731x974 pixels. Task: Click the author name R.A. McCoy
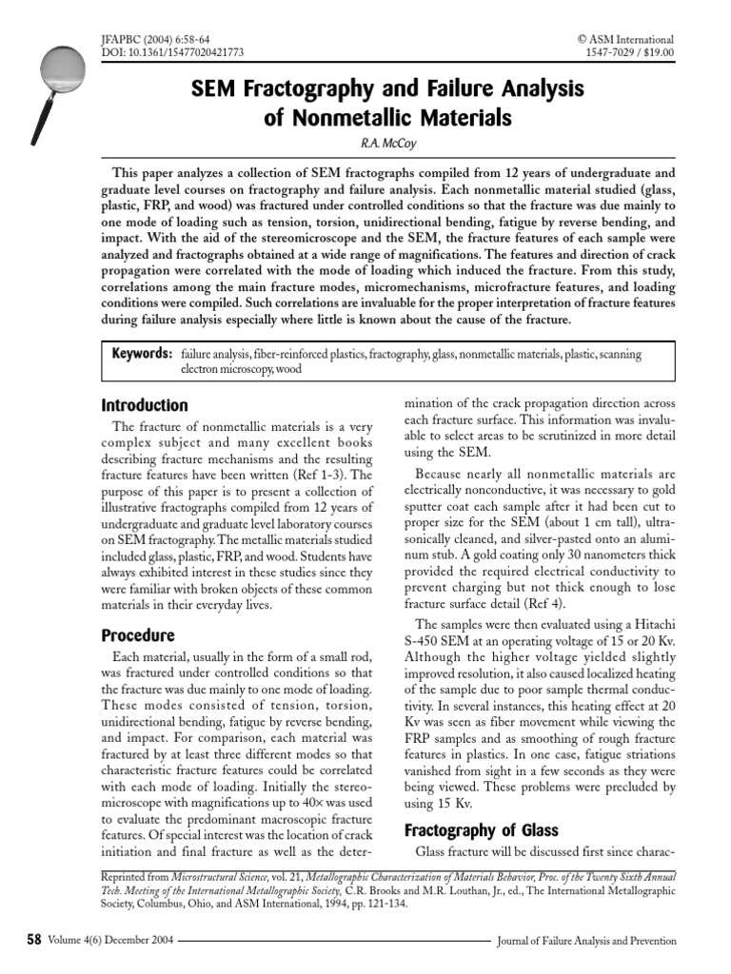pyautogui.click(x=365, y=143)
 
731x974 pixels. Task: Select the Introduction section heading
pyautogui.click(x=144, y=405)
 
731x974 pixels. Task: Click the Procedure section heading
pyautogui.click(x=138, y=634)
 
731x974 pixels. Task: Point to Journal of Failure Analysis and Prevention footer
pyautogui.click(x=587, y=942)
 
